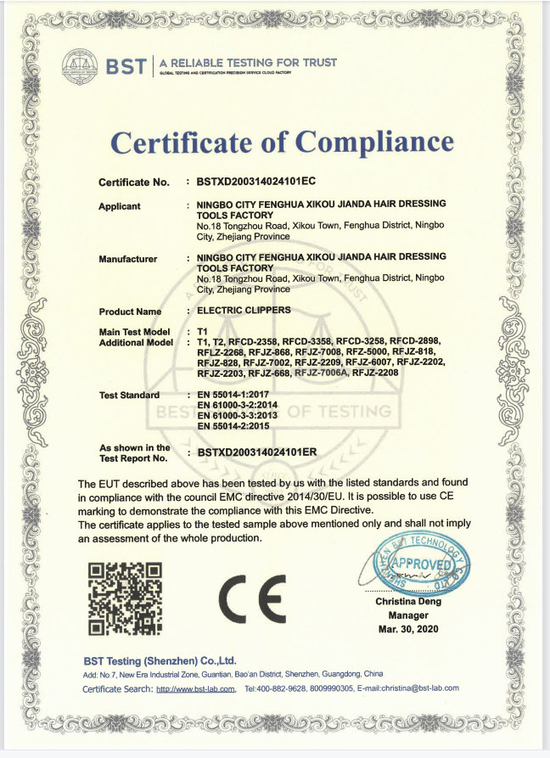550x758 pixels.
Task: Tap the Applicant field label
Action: pos(120,206)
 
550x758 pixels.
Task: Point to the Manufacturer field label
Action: pos(128,259)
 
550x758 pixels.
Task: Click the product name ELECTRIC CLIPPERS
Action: pos(244,311)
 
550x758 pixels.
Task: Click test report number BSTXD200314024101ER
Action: pos(256,452)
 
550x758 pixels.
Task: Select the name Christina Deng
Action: pos(408,602)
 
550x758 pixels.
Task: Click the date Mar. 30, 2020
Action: pos(408,629)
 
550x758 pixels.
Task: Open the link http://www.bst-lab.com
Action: pos(197,688)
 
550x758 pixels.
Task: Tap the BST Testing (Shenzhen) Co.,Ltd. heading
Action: pos(160,660)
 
